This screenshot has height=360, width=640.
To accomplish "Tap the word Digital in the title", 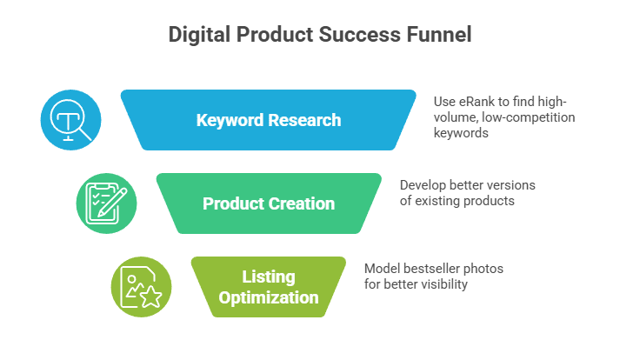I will tap(198, 36).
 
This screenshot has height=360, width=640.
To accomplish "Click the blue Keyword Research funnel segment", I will tap(268, 119).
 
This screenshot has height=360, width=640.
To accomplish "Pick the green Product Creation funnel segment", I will tap(268, 203).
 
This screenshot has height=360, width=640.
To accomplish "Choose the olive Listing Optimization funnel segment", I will tap(268, 287).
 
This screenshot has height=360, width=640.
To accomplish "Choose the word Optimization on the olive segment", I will tap(269, 298).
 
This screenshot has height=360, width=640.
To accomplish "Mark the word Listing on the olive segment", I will tap(269, 277).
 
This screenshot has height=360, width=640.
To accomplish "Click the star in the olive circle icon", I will tap(150, 296).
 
